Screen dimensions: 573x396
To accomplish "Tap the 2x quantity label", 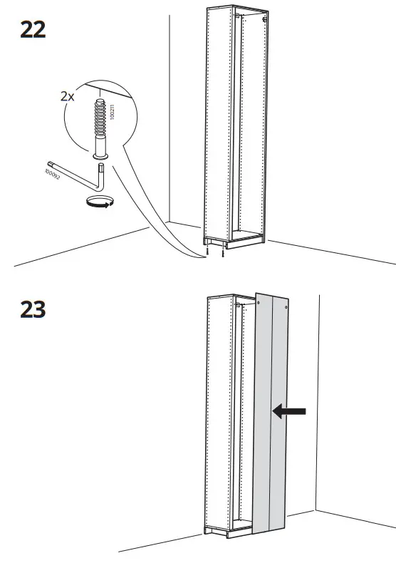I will tap(67, 96).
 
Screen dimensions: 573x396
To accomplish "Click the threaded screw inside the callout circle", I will tap(99, 121).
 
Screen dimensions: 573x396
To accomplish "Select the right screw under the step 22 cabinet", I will tap(224, 252).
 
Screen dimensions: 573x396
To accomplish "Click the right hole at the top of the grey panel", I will tap(287, 308).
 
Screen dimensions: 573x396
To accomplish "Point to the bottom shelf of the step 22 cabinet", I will tap(246, 233).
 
